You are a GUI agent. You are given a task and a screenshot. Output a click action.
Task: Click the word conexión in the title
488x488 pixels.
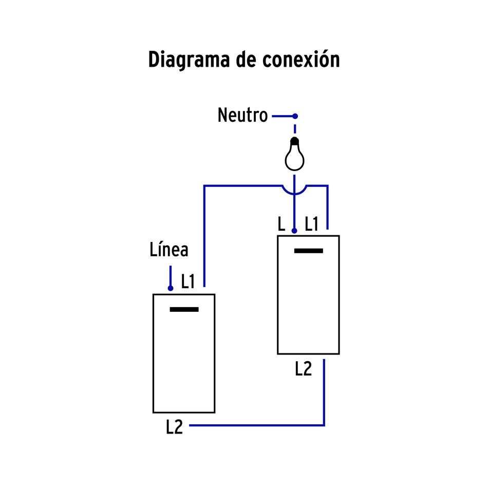[x=301, y=60]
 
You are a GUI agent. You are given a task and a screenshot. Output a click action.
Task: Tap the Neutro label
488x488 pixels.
[x=242, y=116]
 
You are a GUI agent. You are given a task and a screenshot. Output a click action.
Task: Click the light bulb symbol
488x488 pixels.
[x=294, y=156]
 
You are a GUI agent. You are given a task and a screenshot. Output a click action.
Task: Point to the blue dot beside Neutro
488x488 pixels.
[x=295, y=116]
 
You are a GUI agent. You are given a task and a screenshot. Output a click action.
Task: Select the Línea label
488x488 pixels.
[x=169, y=250]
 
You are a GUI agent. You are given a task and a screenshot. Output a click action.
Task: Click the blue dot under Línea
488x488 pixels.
[x=170, y=288]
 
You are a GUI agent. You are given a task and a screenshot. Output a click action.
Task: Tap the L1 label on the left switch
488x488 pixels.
[x=188, y=281]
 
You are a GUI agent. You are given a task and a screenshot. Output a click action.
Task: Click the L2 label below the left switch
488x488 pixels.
[x=175, y=427]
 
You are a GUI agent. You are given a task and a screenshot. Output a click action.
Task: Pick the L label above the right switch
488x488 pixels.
[x=281, y=224]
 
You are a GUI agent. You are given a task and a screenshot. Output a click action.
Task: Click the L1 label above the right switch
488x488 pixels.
[x=311, y=224]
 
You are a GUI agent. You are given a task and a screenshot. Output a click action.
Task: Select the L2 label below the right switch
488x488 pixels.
[x=303, y=368]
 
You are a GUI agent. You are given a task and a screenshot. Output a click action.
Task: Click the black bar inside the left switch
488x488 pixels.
[x=184, y=309]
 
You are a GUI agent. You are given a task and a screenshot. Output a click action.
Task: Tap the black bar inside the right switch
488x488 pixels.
[x=309, y=251]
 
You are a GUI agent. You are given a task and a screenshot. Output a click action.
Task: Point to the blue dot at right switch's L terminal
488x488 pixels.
[x=294, y=231]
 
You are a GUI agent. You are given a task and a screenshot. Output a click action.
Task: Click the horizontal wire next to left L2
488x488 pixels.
[x=257, y=425]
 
